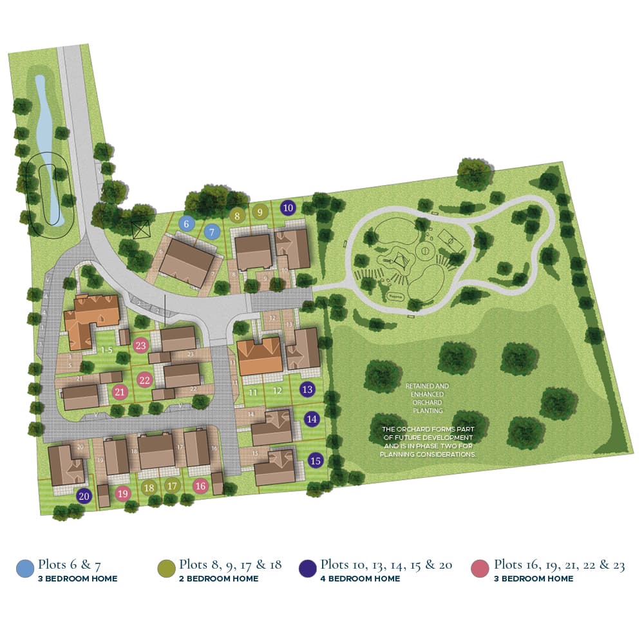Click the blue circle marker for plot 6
[x=187, y=223]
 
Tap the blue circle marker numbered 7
[x=212, y=231]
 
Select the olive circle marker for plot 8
[x=237, y=216]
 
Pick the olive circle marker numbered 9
[x=260, y=211]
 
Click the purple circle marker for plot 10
[x=288, y=207]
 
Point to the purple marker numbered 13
[x=308, y=389]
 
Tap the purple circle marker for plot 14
[x=312, y=419]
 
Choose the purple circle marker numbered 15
[x=315, y=460]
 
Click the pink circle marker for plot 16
[x=200, y=486]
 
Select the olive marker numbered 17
[x=172, y=486]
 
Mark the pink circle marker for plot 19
[x=123, y=493]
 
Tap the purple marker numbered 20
[x=84, y=495]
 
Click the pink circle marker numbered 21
[x=119, y=392]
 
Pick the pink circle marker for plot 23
[x=141, y=345]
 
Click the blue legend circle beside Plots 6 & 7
[x=24, y=568]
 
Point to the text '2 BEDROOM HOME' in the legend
[x=219, y=578]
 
